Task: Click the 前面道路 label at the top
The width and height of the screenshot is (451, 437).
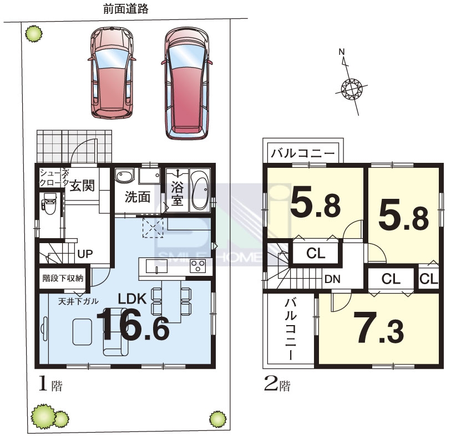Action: pos(126,9)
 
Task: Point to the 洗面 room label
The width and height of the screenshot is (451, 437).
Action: pos(138,197)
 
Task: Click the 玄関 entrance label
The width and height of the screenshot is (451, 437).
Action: pos(82,186)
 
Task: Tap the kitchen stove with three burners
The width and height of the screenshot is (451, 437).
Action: pos(197,266)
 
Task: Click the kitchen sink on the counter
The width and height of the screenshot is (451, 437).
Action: pos(156,266)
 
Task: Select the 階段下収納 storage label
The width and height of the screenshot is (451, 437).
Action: pos(63,278)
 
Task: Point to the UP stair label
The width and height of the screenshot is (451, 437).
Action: pos(85,254)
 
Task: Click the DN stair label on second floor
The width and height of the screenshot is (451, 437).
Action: pos(332,279)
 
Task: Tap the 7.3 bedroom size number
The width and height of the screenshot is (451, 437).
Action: pos(379,328)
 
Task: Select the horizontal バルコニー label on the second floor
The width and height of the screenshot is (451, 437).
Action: pos(303,153)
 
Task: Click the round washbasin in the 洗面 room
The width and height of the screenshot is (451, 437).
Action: pos(125,176)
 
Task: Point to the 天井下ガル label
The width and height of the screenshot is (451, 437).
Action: pos(78,301)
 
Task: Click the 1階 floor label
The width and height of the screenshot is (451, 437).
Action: pos(50,384)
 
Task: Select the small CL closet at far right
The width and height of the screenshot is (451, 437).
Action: pos(429,279)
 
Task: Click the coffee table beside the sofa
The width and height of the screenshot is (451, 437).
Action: pos(82,332)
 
